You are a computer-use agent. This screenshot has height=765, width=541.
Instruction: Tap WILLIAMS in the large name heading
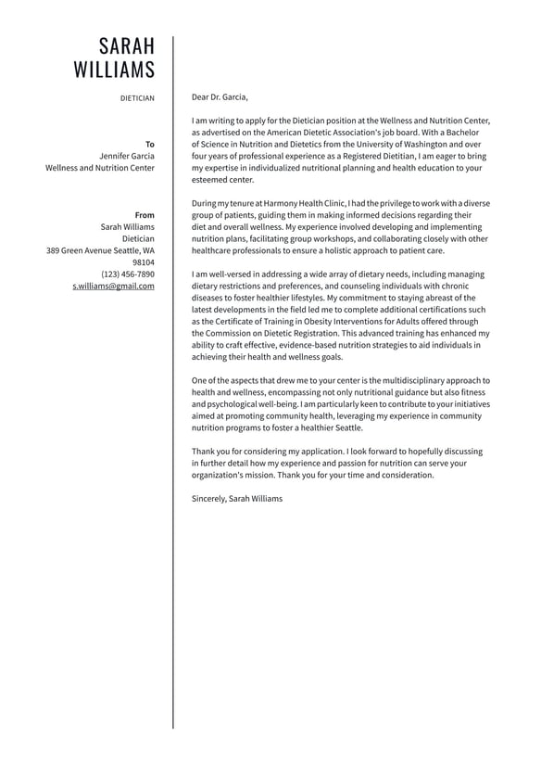click(114, 70)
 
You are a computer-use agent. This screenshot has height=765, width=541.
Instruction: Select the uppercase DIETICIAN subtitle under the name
click(137, 97)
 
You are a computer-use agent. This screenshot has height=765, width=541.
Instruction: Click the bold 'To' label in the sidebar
click(150, 144)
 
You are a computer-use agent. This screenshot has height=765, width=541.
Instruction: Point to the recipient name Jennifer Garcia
click(127, 156)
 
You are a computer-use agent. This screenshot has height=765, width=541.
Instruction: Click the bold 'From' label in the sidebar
click(145, 215)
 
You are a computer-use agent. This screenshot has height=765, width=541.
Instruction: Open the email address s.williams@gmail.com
click(113, 287)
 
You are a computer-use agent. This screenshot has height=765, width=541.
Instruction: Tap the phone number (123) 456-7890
click(128, 274)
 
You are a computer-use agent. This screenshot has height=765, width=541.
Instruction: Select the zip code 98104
click(144, 262)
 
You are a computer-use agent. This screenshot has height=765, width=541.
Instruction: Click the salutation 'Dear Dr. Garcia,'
click(220, 96)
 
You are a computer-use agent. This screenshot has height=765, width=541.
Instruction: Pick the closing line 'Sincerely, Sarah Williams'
click(237, 499)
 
